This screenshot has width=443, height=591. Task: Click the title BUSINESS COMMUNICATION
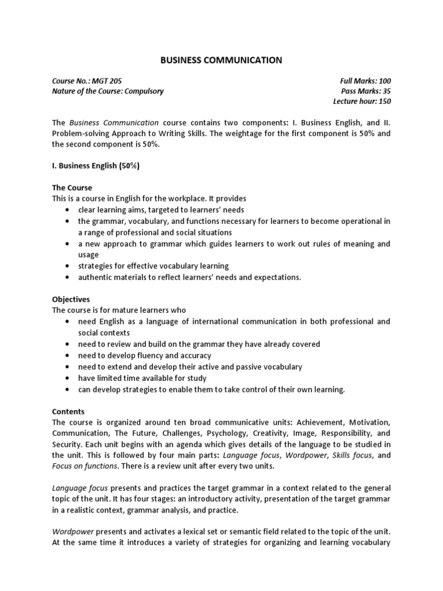221,59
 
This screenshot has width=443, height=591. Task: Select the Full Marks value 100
384,80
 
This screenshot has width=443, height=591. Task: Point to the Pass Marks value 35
386,91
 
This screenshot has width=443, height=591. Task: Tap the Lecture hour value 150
384,101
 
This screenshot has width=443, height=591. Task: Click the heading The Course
72,188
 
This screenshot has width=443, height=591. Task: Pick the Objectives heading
71,300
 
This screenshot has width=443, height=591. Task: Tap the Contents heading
69,412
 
